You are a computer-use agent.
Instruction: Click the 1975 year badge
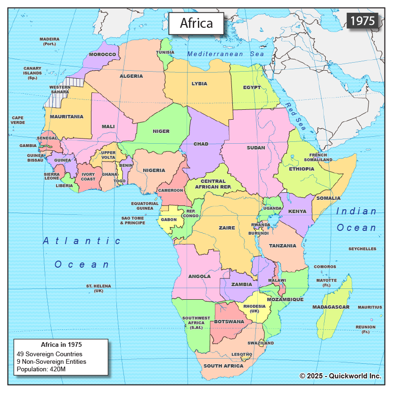[x=362, y=20]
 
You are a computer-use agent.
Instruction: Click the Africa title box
[x=196, y=23]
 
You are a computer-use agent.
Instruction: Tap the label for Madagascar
[x=331, y=307]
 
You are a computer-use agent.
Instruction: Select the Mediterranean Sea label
[x=226, y=54]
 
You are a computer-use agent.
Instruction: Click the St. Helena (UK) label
[x=98, y=288]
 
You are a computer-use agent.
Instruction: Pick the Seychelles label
[x=362, y=249]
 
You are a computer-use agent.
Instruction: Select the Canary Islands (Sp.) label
[x=33, y=73]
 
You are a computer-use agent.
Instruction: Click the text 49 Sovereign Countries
[x=49, y=354]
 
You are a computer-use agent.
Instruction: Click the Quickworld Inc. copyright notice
[x=340, y=376]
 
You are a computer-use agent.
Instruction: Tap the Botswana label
[x=229, y=322]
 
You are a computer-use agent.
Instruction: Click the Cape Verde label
[x=18, y=120]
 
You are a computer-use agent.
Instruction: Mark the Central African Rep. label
[x=213, y=184]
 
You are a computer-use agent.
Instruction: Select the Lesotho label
[x=241, y=354]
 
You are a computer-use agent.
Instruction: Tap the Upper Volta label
[x=108, y=156]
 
